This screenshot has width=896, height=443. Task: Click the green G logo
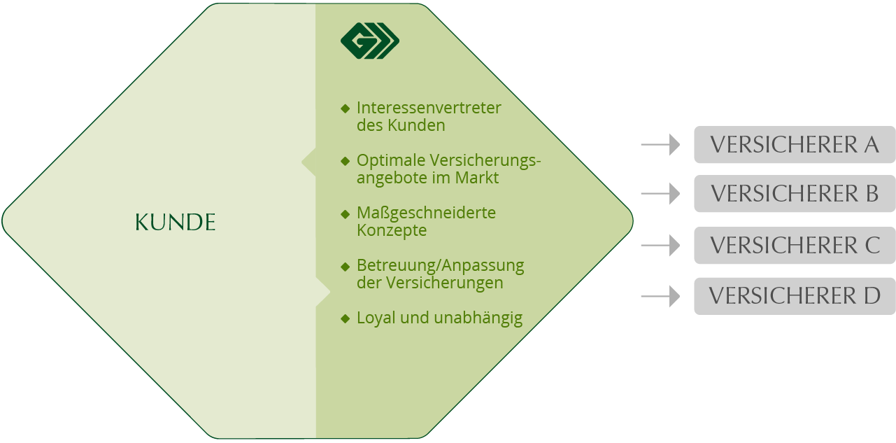click(x=370, y=42)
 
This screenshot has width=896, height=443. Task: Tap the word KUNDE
click(x=175, y=223)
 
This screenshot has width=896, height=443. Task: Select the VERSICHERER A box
click(x=795, y=145)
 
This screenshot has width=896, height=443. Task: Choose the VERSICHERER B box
click(x=795, y=194)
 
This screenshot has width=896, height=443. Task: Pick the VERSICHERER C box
click(x=795, y=246)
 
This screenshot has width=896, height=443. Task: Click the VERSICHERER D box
click(x=795, y=296)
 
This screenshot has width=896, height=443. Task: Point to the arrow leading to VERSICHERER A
click(x=660, y=145)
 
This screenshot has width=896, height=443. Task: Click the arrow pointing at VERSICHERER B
click(x=660, y=194)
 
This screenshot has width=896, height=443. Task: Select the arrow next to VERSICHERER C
click(x=660, y=246)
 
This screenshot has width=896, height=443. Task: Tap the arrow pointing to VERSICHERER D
click(x=660, y=297)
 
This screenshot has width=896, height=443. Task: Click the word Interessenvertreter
click(x=429, y=108)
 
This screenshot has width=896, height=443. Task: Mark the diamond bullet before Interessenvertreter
click(x=345, y=108)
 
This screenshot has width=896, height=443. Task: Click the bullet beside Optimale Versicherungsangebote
click(x=345, y=161)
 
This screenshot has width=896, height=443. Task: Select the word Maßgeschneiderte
click(x=426, y=213)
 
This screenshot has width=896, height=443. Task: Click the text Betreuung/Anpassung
click(x=440, y=266)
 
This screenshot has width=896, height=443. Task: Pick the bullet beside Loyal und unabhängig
click(x=345, y=318)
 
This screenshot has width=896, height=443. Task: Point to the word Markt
click(x=476, y=178)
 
